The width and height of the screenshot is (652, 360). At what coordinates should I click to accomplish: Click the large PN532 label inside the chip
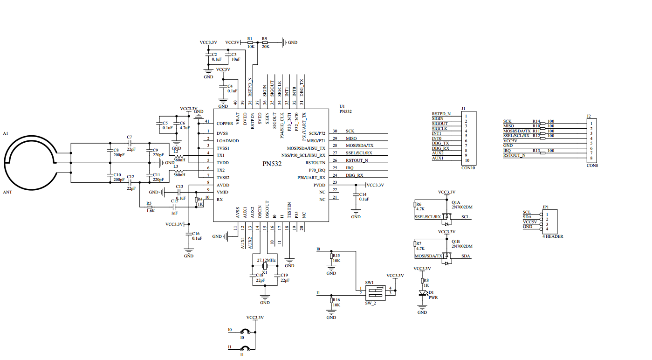(x=272, y=165)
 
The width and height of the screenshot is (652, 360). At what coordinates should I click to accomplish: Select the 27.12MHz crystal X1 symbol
(x=264, y=266)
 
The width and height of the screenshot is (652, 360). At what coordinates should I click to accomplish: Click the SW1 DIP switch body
(x=375, y=292)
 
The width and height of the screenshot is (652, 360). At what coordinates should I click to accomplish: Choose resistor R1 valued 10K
(x=250, y=42)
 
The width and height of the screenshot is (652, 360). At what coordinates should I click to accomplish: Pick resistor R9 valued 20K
(x=265, y=42)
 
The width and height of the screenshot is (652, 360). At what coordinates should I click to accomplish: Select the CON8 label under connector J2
(x=592, y=166)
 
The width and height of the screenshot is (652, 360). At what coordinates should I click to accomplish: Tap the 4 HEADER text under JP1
(x=553, y=236)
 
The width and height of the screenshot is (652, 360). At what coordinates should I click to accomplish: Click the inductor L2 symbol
(x=178, y=156)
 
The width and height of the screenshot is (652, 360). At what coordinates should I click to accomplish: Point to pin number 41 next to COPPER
(x=207, y=121)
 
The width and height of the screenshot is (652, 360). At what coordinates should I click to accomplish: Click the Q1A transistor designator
(x=456, y=202)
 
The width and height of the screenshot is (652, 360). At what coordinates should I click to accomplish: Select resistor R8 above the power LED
(x=423, y=280)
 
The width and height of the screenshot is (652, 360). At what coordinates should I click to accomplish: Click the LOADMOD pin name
(x=227, y=141)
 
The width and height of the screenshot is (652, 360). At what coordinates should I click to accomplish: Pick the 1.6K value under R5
(x=151, y=211)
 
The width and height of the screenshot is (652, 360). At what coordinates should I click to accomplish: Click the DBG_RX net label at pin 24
(x=354, y=175)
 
